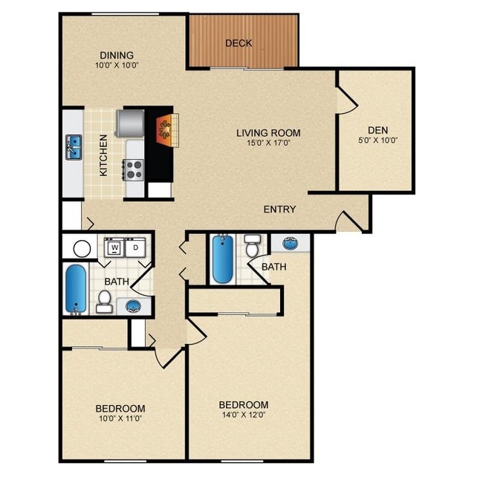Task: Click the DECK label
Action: [239, 43]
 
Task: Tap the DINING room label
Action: [117, 56]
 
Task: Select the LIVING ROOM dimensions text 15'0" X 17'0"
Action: [269, 143]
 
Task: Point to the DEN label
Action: [378, 130]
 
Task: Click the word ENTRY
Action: [279, 210]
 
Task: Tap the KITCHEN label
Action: [104, 155]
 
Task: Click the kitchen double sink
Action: [74, 147]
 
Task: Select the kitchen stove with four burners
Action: [133, 169]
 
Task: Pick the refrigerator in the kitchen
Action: [130, 123]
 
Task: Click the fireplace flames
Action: [163, 129]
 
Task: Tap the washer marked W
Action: [114, 247]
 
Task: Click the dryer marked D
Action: [135, 247]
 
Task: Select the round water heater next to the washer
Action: [82, 248]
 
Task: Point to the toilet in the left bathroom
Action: [104, 302]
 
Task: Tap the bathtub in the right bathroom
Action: [223, 259]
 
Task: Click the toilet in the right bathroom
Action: [253, 246]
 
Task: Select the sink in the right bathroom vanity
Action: [290, 243]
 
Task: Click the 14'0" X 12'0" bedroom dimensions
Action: [244, 415]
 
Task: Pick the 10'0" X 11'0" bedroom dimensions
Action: [120, 418]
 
